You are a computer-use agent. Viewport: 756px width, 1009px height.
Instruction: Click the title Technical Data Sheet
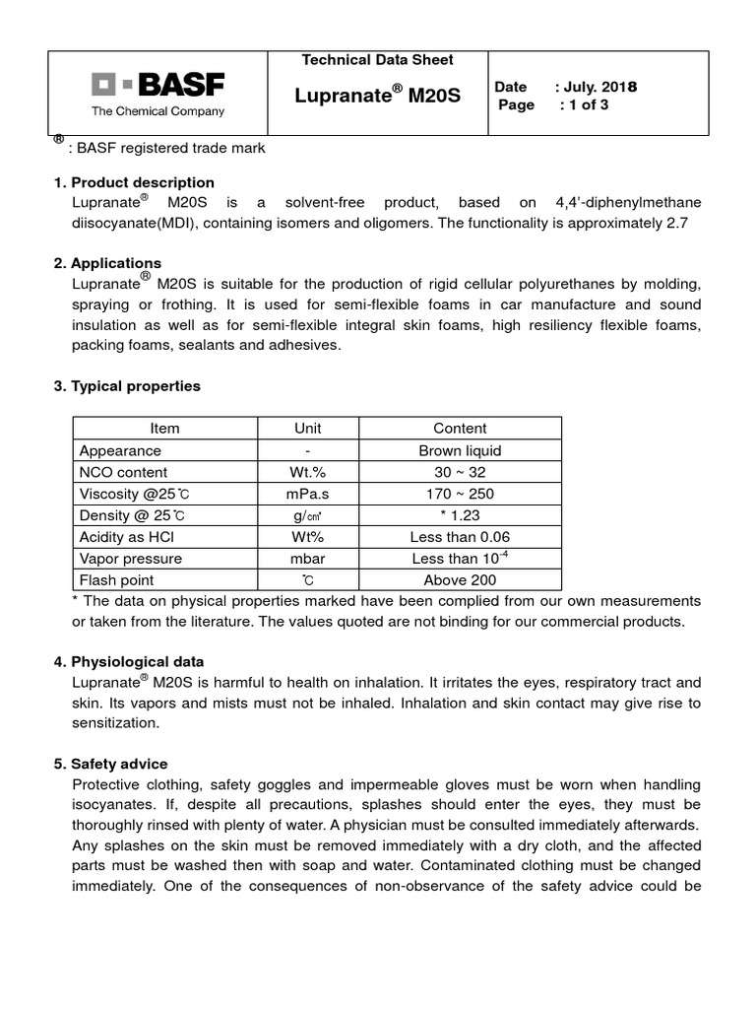(378, 60)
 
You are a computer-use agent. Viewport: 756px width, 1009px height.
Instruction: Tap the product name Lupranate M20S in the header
(378, 96)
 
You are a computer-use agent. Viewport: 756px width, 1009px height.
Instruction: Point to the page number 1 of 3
(584, 104)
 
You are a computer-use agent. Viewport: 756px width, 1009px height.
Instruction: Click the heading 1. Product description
(134, 182)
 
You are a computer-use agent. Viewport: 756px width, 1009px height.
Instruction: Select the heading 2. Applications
(107, 263)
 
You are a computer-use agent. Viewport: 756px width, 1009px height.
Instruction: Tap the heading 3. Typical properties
(127, 386)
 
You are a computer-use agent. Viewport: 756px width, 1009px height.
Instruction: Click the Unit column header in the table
(308, 429)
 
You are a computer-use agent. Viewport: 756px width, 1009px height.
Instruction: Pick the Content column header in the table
(460, 429)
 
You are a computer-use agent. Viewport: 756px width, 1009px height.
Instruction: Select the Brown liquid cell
(460, 450)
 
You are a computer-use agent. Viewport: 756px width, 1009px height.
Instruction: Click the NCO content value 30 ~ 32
(460, 472)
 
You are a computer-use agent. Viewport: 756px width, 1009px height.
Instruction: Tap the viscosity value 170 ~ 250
(460, 494)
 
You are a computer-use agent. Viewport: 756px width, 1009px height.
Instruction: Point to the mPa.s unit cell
(308, 494)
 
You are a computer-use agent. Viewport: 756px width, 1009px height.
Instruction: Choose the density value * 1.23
(460, 515)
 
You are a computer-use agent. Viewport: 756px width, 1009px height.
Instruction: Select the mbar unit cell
(308, 559)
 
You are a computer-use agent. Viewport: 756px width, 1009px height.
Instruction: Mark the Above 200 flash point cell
(460, 580)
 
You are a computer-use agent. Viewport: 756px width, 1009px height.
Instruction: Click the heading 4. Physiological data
(129, 661)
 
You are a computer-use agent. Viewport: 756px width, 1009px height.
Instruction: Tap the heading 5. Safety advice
(111, 764)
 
